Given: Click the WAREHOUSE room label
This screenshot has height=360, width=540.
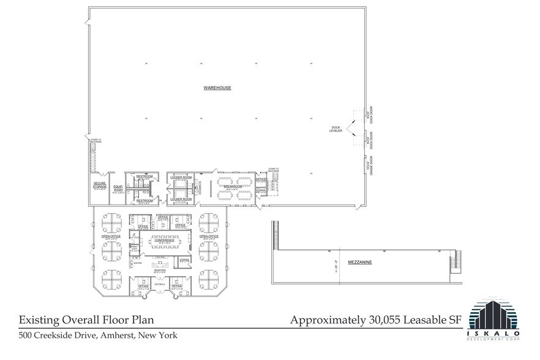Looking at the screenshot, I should [217, 88].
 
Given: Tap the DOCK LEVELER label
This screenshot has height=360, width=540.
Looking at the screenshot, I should [336, 129].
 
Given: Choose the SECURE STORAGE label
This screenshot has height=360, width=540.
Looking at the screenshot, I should [100, 184].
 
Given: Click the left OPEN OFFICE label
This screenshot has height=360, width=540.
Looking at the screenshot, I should [111, 236].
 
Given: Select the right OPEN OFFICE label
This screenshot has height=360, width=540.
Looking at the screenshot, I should [209, 236].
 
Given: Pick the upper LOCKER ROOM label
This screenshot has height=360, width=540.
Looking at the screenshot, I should [182, 176].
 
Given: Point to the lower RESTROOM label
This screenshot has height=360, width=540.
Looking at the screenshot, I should [144, 200].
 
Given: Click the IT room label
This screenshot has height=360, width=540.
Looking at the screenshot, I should [134, 234].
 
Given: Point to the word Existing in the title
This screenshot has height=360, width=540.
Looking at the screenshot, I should [40, 320].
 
